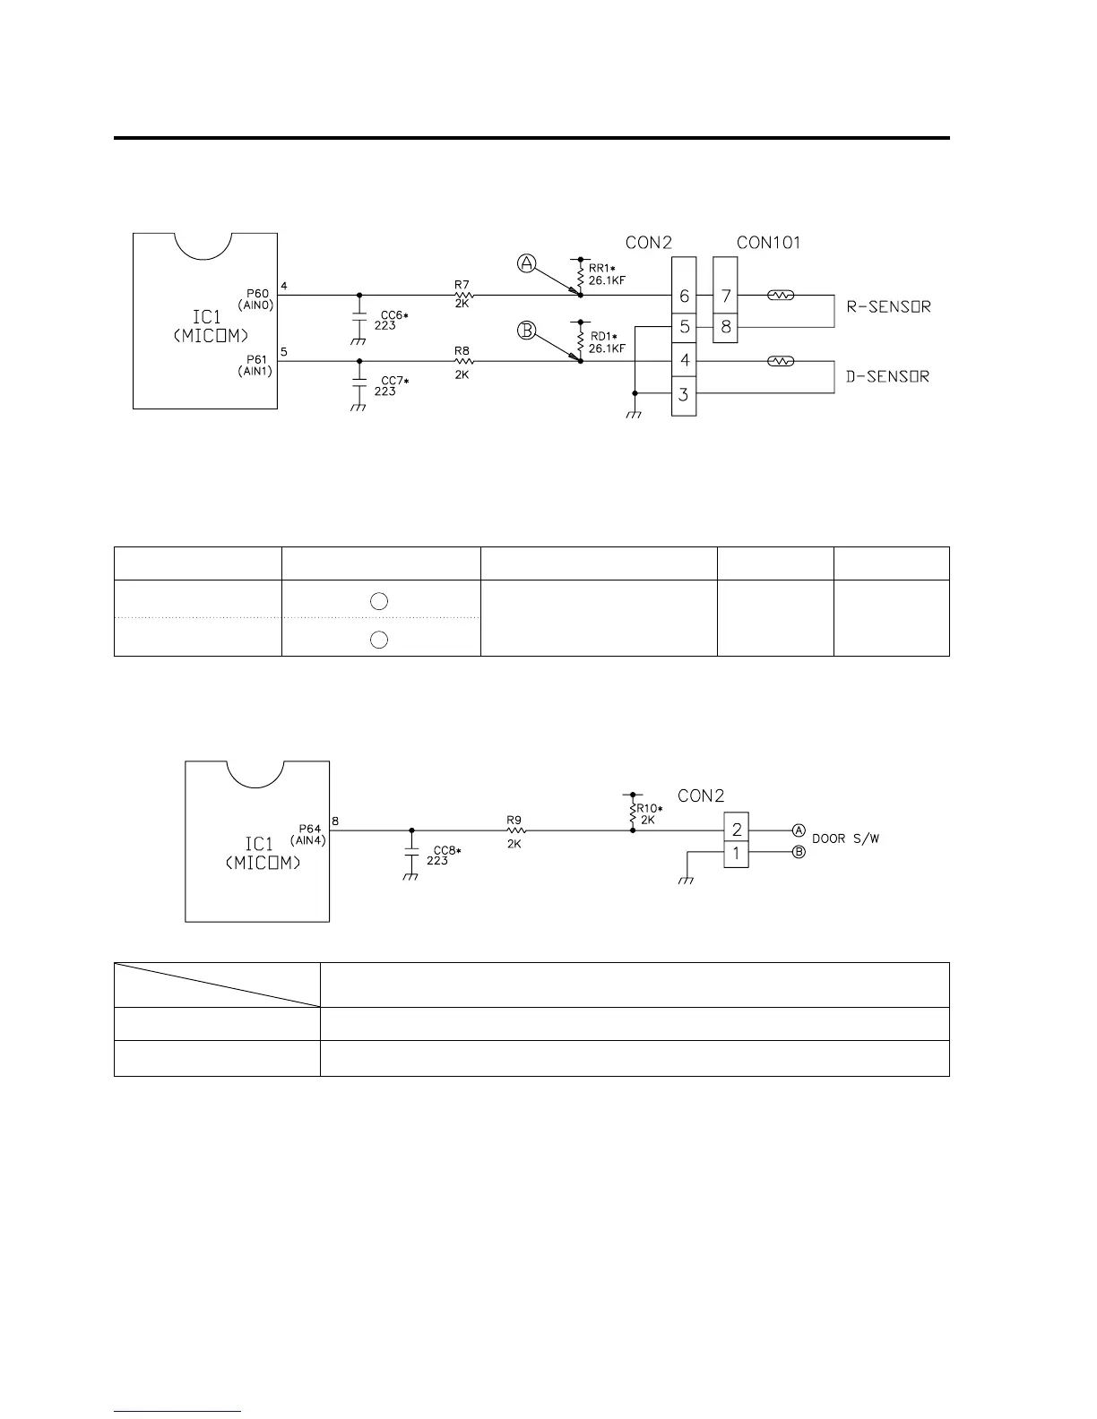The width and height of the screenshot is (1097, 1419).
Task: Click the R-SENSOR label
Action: (x=888, y=306)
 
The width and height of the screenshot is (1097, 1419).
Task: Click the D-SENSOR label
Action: (x=888, y=376)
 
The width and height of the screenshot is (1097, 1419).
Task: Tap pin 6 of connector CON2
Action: (x=684, y=296)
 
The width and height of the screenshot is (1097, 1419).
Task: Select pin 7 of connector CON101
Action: (x=725, y=296)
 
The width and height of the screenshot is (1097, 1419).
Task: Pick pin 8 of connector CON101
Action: (x=725, y=327)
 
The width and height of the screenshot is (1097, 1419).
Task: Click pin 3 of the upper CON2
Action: (x=684, y=394)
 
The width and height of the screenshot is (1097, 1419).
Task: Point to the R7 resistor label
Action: (x=462, y=285)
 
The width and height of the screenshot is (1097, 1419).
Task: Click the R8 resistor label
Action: (x=462, y=351)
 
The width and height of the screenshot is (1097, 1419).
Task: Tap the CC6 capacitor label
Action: (x=393, y=315)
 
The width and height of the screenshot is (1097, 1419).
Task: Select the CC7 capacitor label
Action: (x=393, y=382)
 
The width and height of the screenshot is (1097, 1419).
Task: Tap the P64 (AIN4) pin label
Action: (x=307, y=834)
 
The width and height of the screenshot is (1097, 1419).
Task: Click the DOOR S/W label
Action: (x=846, y=839)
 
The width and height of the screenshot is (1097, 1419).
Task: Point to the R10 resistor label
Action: (x=649, y=813)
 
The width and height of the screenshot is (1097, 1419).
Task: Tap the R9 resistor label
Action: (x=514, y=820)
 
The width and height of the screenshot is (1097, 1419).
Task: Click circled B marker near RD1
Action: (x=527, y=331)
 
